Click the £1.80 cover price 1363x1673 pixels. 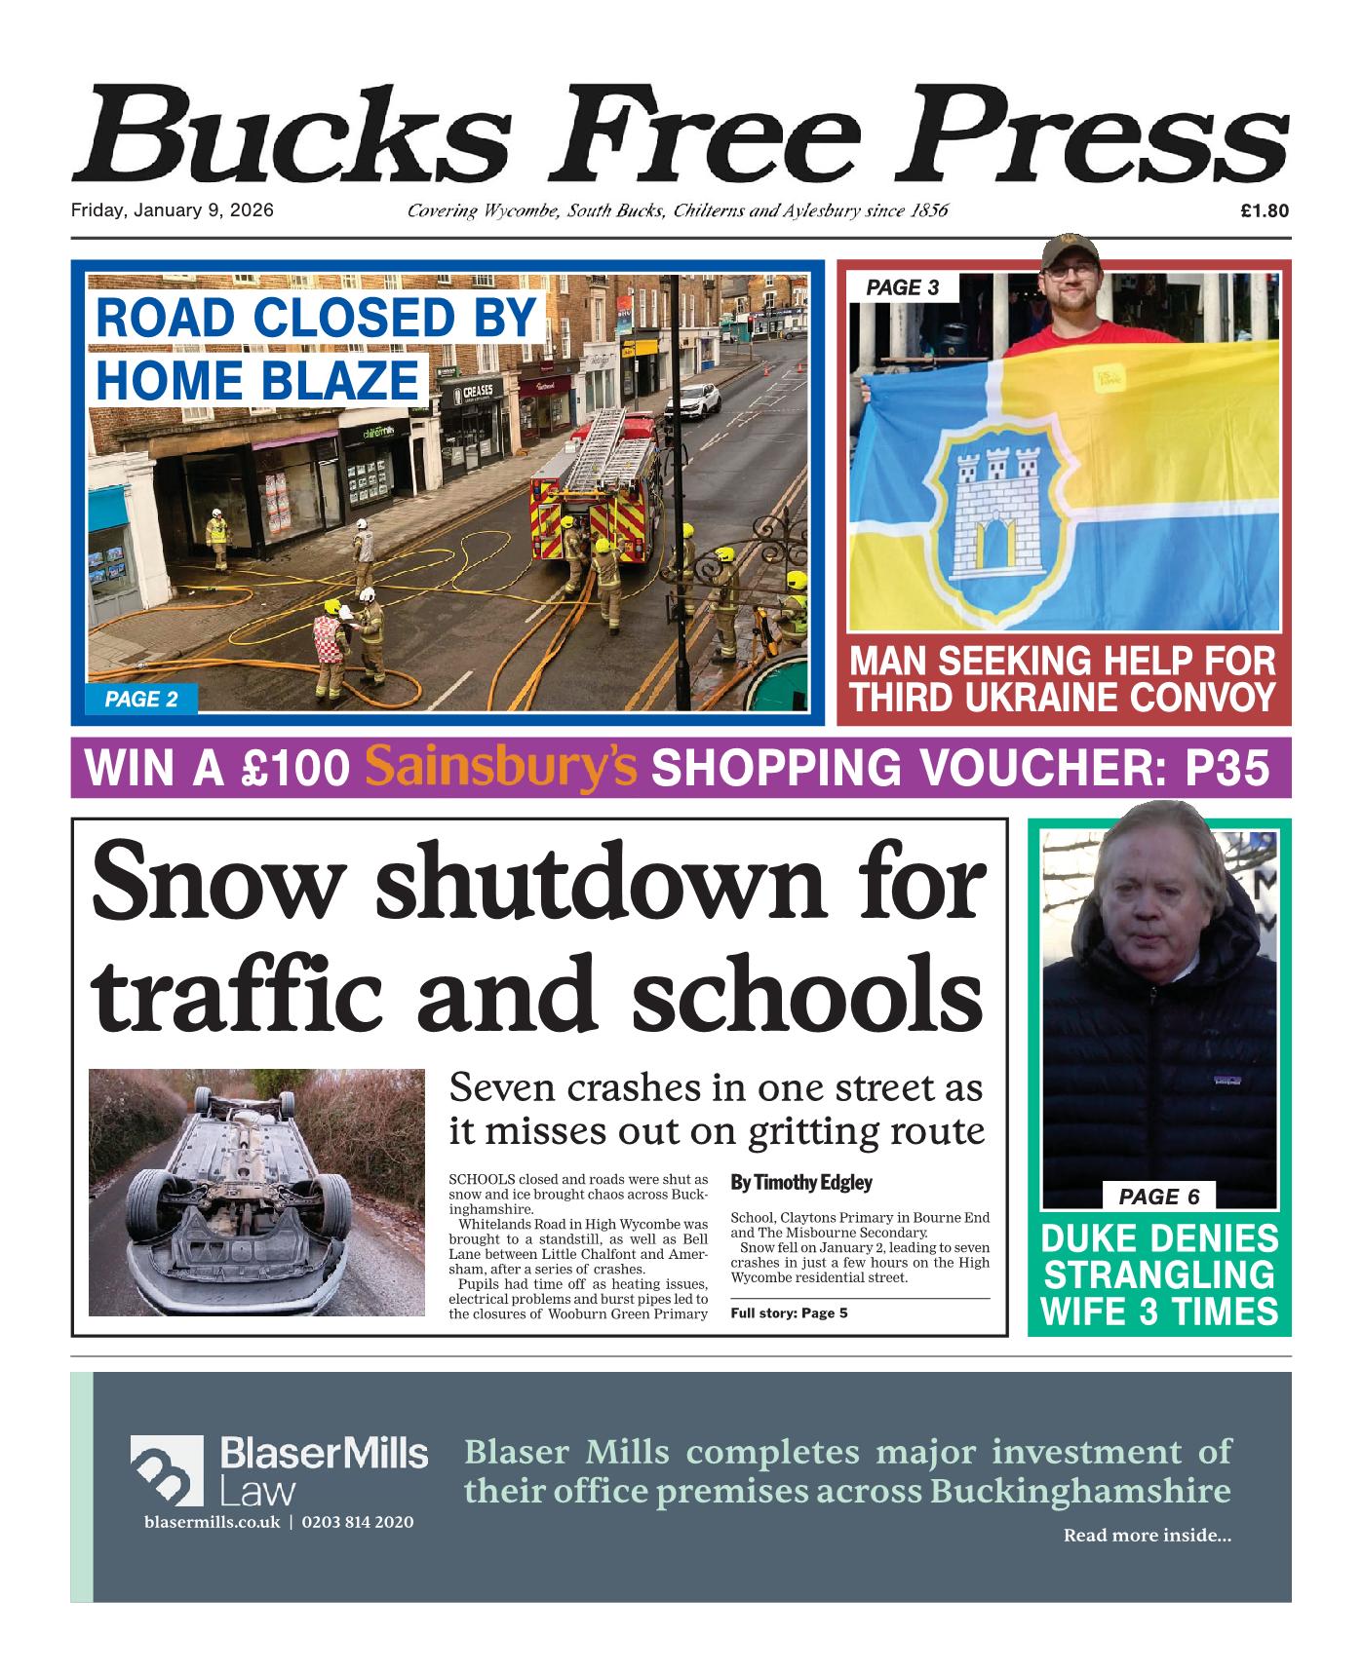pos(1265,210)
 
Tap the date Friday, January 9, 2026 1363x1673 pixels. pos(172,210)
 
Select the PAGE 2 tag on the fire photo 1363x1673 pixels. pos(141,699)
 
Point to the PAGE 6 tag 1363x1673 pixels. pos(1158,1197)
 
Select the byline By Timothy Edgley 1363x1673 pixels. pos(800,1183)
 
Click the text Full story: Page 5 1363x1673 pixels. pos(789,1312)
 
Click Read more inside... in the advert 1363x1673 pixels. pos(1147,1536)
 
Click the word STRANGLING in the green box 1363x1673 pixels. pos(1159,1275)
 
